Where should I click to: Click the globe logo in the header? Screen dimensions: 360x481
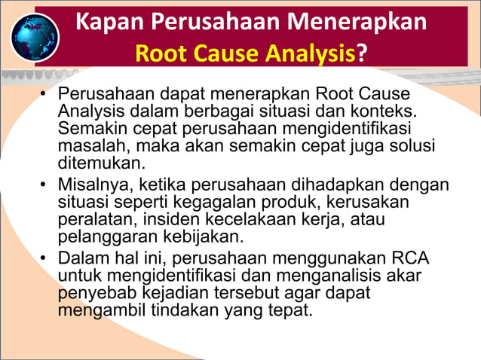point(35,37)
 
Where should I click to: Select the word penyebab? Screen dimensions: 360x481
point(93,292)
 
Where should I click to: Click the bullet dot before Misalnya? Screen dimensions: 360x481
point(44,185)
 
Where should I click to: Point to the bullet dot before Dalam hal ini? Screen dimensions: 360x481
point(44,259)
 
